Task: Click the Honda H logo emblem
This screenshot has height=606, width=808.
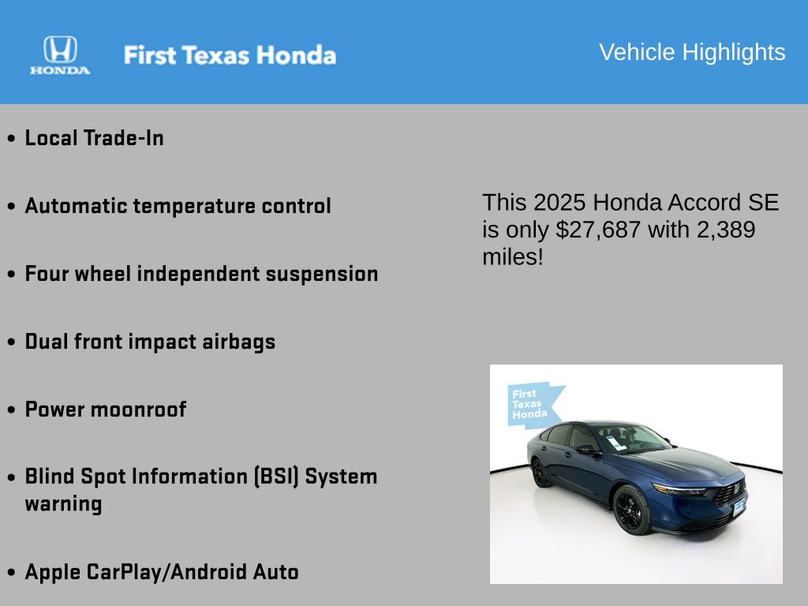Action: click(x=60, y=50)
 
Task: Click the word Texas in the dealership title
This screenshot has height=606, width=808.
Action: click(x=216, y=55)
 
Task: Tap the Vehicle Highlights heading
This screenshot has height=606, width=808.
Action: click(x=692, y=52)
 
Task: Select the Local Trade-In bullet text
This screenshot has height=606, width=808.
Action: click(x=95, y=138)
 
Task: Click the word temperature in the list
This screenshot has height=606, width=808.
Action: click(x=194, y=206)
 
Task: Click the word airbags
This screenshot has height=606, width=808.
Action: click(x=238, y=342)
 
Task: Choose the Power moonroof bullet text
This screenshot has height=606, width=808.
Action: click(x=106, y=410)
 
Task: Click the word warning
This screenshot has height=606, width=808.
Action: click(x=63, y=504)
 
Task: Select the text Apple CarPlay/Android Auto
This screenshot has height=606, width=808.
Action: click(x=162, y=573)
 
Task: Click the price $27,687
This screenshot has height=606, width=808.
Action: click(x=598, y=230)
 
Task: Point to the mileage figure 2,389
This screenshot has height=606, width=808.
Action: click(x=726, y=230)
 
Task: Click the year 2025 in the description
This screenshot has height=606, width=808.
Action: click(x=559, y=203)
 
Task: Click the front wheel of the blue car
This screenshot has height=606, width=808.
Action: click(x=631, y=510)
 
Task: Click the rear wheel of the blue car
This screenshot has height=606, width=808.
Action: click(x=540, y=473)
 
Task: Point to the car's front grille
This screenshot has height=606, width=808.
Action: click(x=730, y=493)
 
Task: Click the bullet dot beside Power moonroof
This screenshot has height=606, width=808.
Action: click(x=11, y=410)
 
